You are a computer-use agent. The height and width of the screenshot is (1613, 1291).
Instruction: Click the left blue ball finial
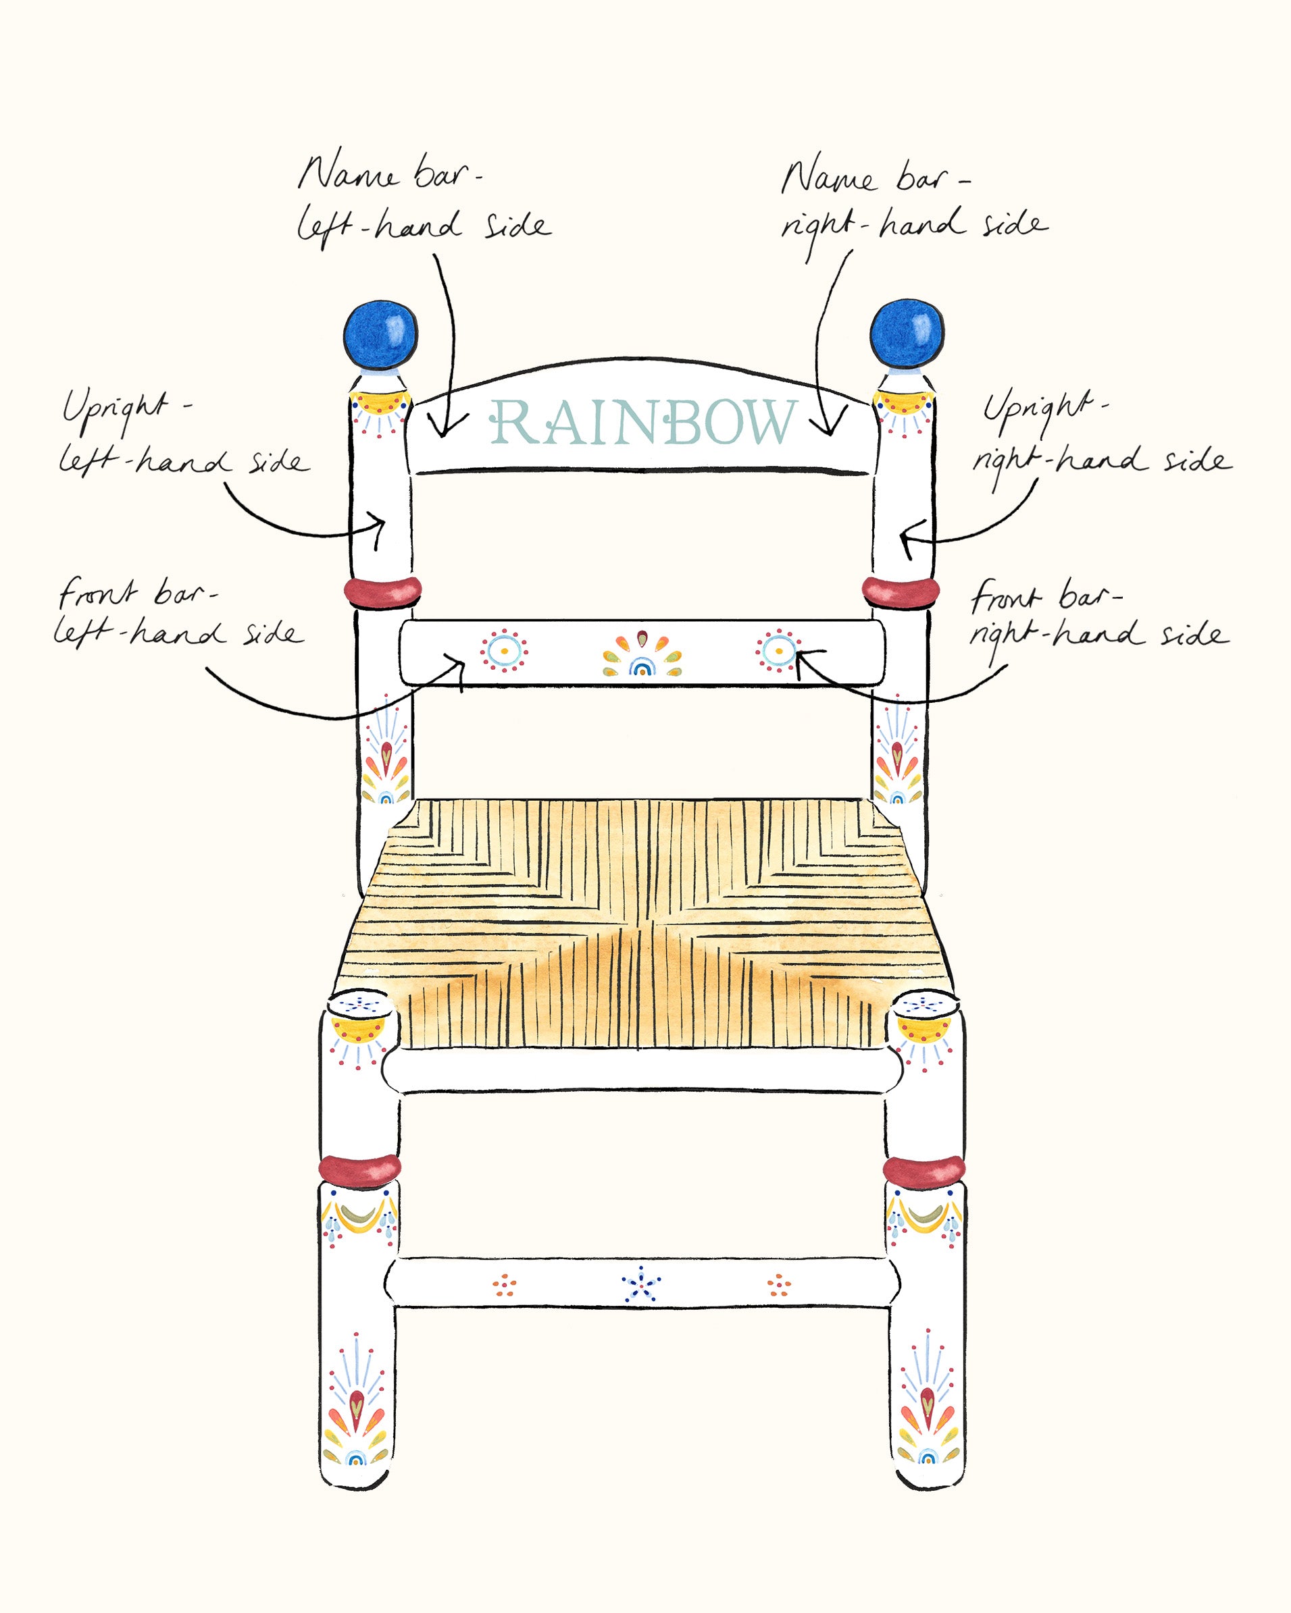pos(380,334)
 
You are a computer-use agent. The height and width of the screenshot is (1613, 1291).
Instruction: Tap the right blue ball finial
pos(907,334)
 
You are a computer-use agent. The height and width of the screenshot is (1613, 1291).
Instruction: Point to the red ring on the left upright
pos(382,591)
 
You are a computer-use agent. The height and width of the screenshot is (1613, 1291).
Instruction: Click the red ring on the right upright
pos(901,590)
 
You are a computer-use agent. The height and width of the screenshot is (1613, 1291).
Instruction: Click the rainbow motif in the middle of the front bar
pos(642,664)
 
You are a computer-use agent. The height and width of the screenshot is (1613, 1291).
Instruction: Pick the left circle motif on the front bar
pos(505,650)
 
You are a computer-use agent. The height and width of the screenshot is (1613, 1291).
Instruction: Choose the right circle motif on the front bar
pos(778,650)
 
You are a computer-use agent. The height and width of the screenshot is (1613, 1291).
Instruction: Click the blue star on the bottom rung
pos(640,1286)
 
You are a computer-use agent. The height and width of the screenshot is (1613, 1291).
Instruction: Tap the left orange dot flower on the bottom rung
pos(505,1285)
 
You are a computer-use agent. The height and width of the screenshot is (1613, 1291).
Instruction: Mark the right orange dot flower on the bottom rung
pos(779,1285)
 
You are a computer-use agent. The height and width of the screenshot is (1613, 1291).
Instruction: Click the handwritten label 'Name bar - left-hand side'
pos(423,201)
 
